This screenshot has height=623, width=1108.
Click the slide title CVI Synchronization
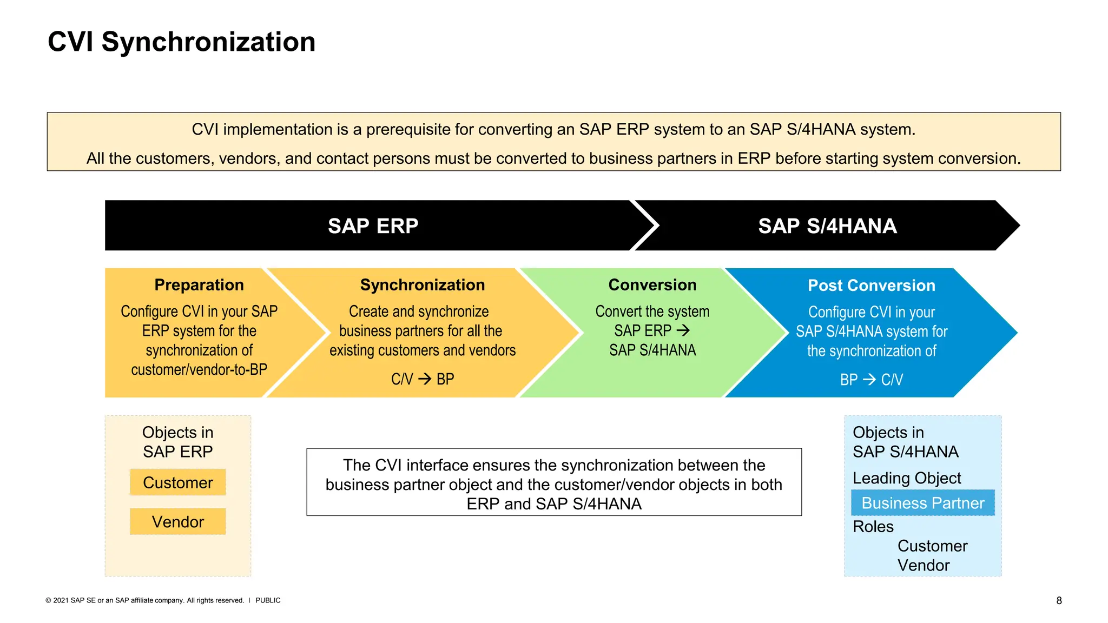tap(181, 42)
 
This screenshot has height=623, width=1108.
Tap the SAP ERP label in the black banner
tap(373, 226)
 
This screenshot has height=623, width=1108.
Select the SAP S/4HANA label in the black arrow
tap(827, 226)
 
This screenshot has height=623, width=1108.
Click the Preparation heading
tap(199, 285)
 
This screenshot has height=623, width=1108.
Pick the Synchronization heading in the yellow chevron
tap(422, 285)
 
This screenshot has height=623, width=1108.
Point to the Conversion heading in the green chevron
tap(652, 285)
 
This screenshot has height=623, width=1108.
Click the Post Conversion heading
tap(871, 286)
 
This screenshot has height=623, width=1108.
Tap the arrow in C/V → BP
tap(425, 379)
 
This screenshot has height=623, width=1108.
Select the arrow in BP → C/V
tap(869, 379)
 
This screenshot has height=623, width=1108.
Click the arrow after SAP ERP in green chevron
tap(683, 330)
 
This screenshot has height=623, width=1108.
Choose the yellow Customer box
tap(177, 482)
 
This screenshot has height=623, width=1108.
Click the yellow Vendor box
tap(177, 522)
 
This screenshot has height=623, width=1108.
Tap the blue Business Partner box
tap(922, 503)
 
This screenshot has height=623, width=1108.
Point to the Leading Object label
tap(907, 478)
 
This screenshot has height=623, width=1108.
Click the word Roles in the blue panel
tap(873, 526)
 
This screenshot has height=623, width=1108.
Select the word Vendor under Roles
tap(923, 565)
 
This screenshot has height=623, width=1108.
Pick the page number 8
tap(1059, 600)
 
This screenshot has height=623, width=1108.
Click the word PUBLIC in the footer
tap(268, 600)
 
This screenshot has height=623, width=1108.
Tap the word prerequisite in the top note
tap(408, 129)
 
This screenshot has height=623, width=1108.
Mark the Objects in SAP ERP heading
tap(177, 442)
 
